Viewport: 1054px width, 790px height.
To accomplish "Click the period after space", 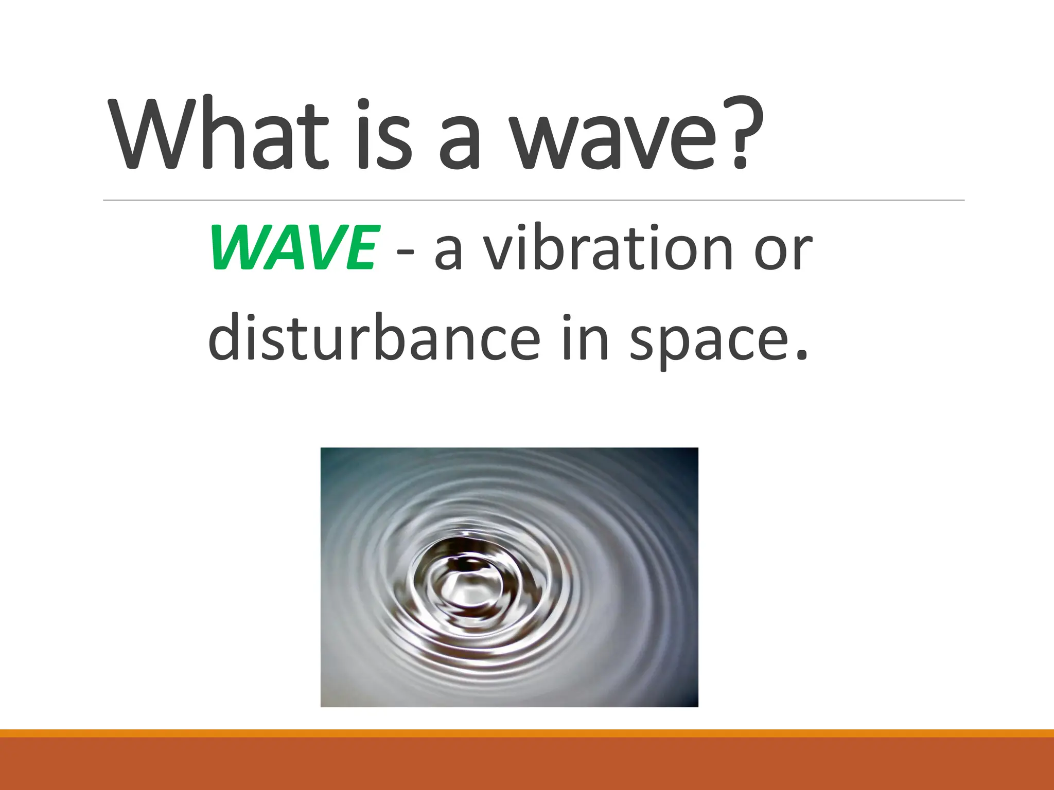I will (800, 354).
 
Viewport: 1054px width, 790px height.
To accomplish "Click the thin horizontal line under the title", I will (533, 200).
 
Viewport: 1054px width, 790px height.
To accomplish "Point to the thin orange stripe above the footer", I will (527, 733).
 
